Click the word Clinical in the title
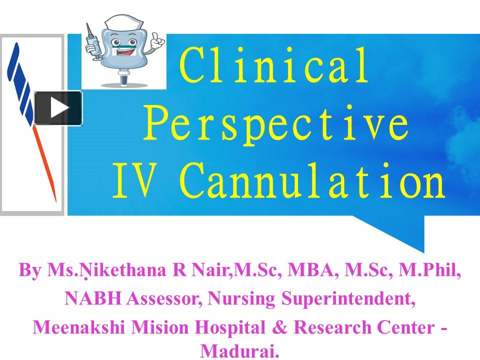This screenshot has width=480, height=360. (274, 66)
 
